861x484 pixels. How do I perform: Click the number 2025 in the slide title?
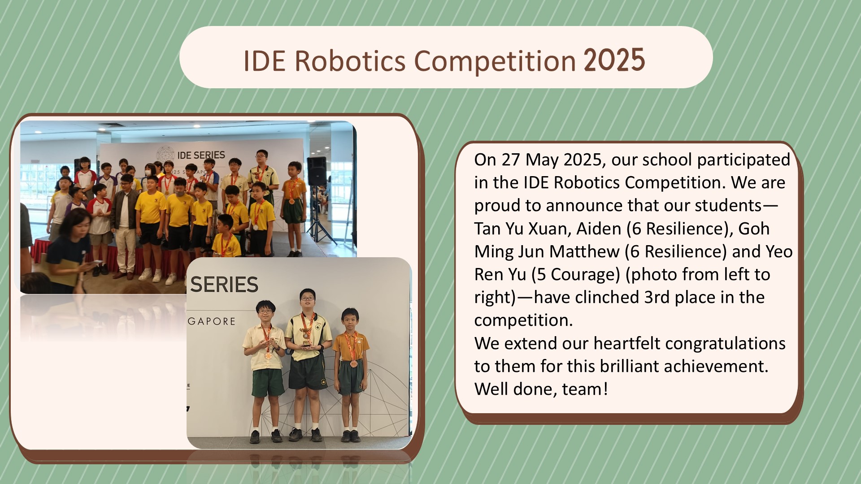(614, 60)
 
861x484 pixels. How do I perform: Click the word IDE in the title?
(265, 61)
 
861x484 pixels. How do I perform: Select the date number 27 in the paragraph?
(511, 160)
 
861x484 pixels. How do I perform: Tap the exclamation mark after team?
(606, 389)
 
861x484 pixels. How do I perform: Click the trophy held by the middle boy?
(306, 337)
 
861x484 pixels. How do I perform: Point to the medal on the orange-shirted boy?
(354, 364)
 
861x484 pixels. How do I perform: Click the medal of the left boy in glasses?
(268, 356)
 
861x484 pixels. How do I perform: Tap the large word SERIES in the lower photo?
(224, 285)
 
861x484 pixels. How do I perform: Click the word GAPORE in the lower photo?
(212, 321)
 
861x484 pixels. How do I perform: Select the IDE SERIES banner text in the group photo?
(201, 155)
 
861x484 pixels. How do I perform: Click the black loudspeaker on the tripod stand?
(317, 171)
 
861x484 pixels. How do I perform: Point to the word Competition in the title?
(495, 61)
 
